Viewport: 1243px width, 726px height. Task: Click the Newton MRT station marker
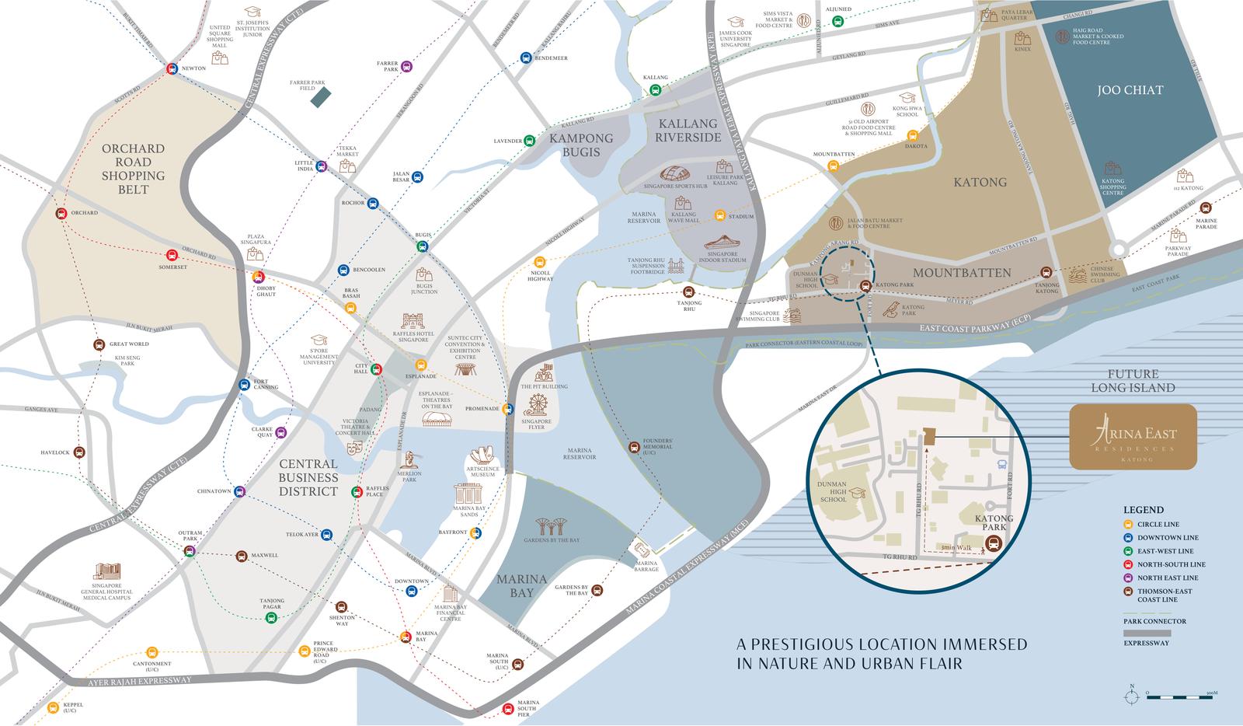(x=172, y=69)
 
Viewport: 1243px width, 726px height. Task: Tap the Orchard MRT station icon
(x=61, y=214)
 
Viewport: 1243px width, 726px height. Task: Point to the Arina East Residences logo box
(x=1133, y=437)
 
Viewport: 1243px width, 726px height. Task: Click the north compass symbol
(x=1132, y=694)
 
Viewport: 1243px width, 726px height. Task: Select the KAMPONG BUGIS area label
(x=581, y=145)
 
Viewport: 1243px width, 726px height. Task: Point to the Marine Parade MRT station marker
(x=1205, y=208)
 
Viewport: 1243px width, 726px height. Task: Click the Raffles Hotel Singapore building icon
(x=413, y=321)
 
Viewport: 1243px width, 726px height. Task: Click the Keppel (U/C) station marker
(x=53, y=708)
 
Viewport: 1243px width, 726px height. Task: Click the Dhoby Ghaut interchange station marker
(x=259, y=277)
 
